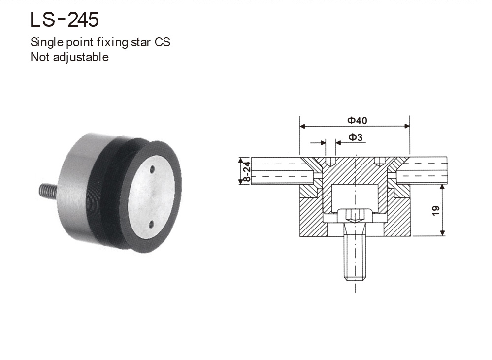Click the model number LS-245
[65, 20]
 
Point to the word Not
[39, 57]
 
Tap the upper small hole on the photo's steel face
[152, 170]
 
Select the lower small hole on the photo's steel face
[151, 226]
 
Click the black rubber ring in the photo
[111, 192]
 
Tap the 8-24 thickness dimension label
[247, 171]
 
